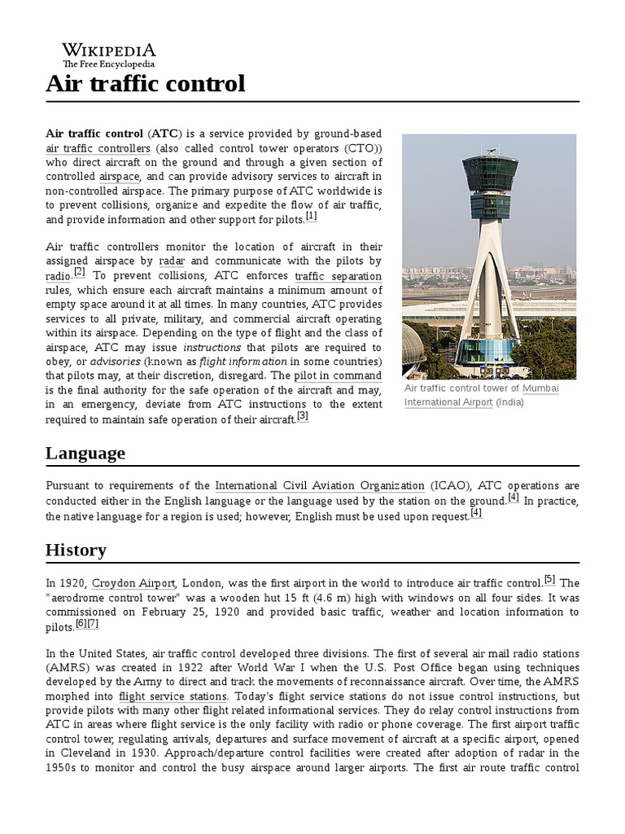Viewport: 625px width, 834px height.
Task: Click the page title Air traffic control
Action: point(145,83)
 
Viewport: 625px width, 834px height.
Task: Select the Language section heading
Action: point(85,453)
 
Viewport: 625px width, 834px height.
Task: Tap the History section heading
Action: point(76,550)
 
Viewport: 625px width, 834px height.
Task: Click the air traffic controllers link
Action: point(98,148)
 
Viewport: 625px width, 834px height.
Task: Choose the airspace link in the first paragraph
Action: point(120,176)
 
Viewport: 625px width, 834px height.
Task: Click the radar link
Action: point(172,261)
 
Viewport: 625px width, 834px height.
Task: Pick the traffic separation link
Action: point(338,276)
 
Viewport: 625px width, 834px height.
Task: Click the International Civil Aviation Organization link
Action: point(320,485)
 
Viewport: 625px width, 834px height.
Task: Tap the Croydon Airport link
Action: point(133,583)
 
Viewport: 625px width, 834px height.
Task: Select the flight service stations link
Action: point(173,696)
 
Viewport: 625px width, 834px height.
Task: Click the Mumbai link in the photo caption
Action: point(540,388)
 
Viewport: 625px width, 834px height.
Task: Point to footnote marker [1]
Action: point(311,217)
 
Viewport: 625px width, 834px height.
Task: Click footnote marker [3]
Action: point(302,416)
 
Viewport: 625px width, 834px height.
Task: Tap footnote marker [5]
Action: point(549,580)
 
